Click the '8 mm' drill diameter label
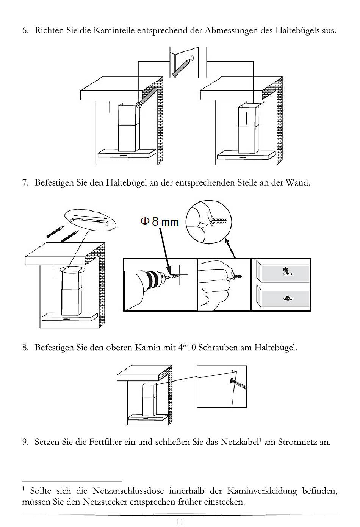[x=165, y=221]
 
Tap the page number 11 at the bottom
[x=180, y=521]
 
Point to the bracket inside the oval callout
[x=90, y=220]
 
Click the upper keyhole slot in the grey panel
[x=287, y=271]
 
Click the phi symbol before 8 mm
[x=144, y=221]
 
